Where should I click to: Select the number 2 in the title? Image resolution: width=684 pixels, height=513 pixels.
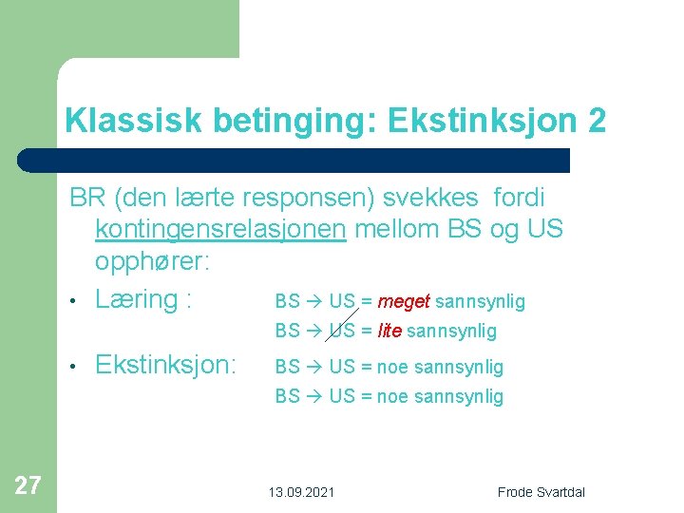pos(596,121)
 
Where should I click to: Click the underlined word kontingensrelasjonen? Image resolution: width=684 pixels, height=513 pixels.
pos(220,229)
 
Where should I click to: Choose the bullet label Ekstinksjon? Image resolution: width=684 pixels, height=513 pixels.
pos(166,365)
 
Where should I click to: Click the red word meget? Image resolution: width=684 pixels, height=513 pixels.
pos(404,302)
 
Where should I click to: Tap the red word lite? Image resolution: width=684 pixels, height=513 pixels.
pos(389,332)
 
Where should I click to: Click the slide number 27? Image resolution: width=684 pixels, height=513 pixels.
pos(28,486)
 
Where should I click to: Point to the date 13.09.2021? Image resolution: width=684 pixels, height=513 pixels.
pos(301,491)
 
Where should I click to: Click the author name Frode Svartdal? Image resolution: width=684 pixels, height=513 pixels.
pos(541,491)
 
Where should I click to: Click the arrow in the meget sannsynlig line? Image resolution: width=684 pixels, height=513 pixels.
pos(313,302)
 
